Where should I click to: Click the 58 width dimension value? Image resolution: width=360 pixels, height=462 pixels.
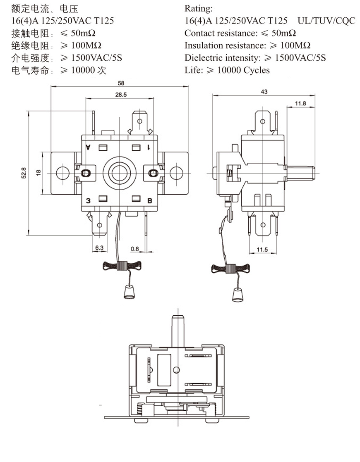[121, 83]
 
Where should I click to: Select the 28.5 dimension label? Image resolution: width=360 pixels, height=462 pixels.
[121, 95]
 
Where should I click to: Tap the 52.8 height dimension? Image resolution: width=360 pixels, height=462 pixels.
[24, 173]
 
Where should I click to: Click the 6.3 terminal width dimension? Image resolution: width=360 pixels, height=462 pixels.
[99, 248]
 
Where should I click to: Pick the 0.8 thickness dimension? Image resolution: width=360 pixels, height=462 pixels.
[135, 248]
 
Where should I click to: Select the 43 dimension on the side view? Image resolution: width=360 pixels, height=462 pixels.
[264, 92]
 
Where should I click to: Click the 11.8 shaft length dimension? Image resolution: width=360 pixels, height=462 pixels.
[301, 103]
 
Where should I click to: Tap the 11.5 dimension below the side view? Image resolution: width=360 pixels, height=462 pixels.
[262, 249]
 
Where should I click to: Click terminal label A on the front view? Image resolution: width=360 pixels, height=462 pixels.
[88, 147]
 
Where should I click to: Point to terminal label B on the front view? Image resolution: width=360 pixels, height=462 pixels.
[150, 200]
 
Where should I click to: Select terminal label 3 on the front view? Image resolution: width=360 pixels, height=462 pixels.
[88, 200]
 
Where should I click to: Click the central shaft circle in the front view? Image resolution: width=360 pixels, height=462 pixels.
[119, 172]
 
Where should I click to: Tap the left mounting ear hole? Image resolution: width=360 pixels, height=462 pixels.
[62, 172]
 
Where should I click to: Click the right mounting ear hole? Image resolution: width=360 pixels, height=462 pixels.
[176, 172]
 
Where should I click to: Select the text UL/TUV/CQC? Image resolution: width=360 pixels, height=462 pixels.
[326, 21]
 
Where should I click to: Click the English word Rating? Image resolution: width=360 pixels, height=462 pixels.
[199, 9]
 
